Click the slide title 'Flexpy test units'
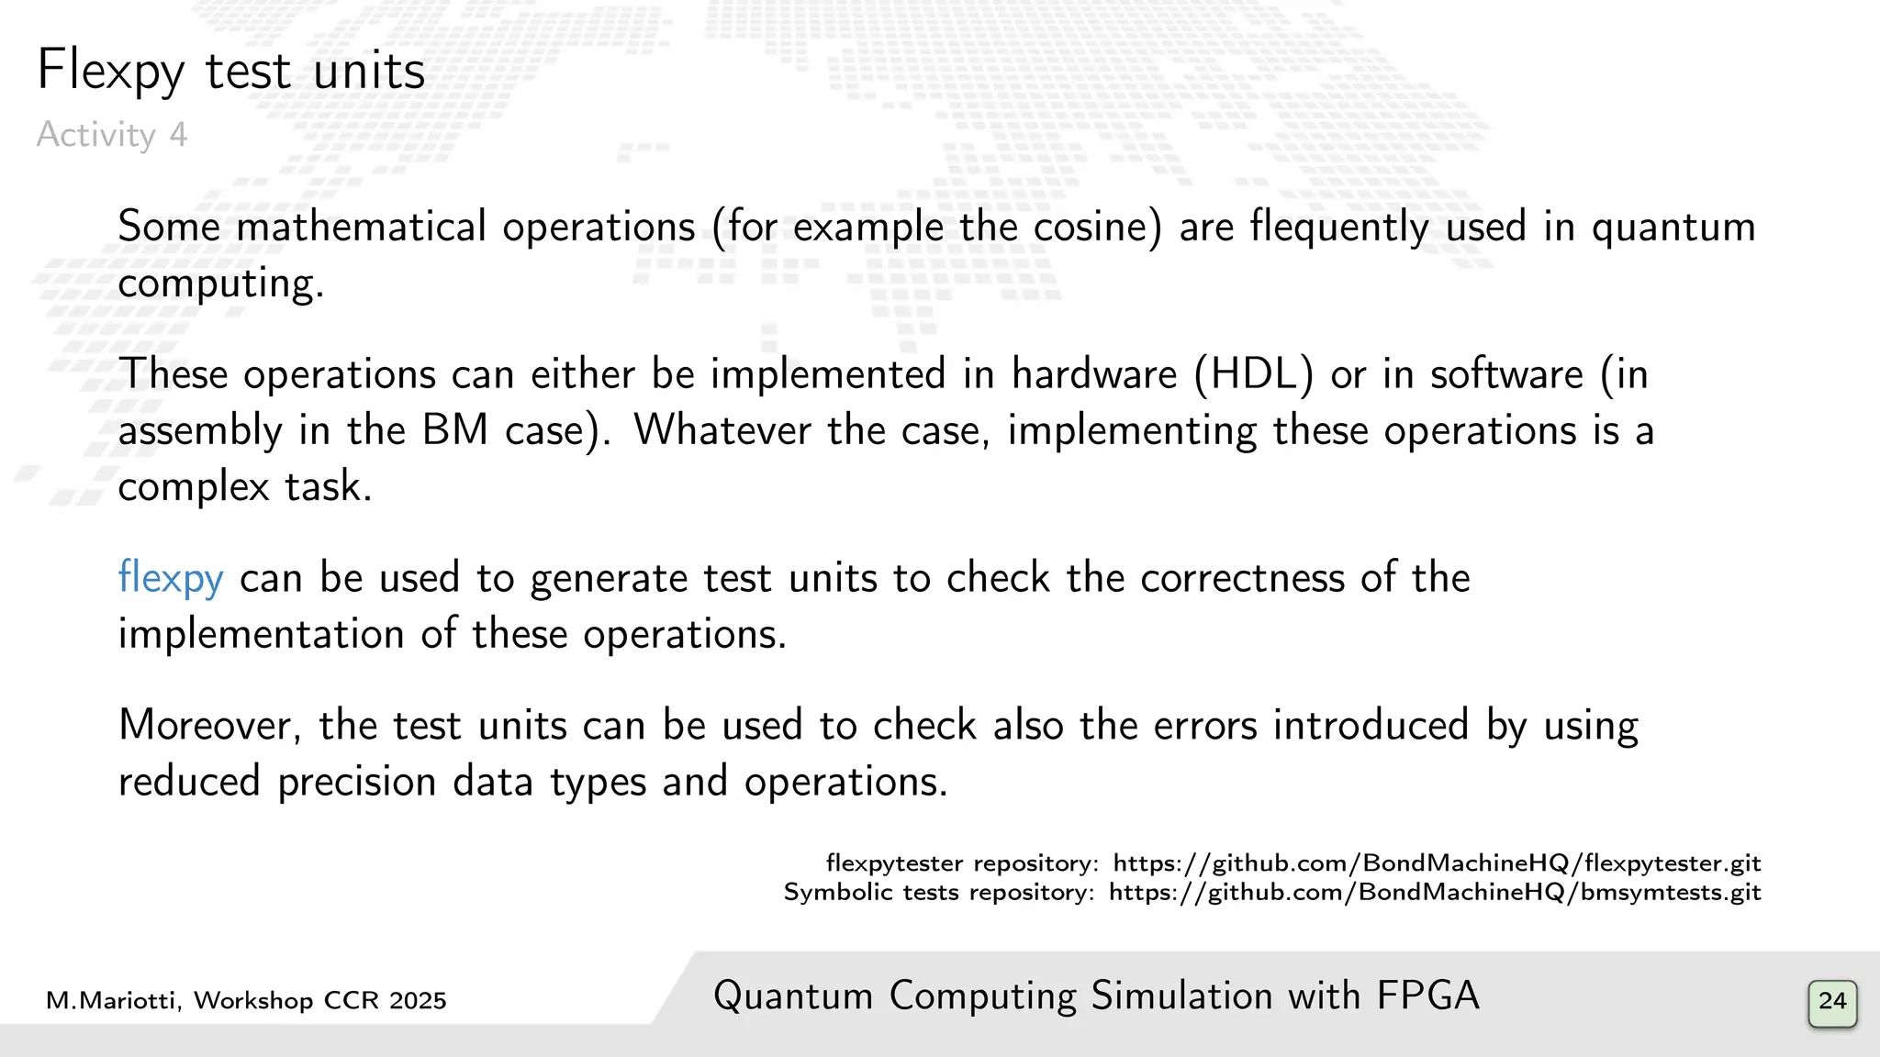tap(230, 71)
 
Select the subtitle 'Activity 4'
tap(112, 135)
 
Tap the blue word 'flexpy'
tap(171, 578)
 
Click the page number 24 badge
tap(1832, 1001)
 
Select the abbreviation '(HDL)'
tap(1254, 374)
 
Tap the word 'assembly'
tap(200, 430)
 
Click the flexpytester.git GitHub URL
tap(1437, 863)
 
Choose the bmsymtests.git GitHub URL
tap(1435, 893)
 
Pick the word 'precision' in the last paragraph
tap(356, 782)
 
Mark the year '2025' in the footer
tap(417, 1001)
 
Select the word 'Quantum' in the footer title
tap(792, 996)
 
